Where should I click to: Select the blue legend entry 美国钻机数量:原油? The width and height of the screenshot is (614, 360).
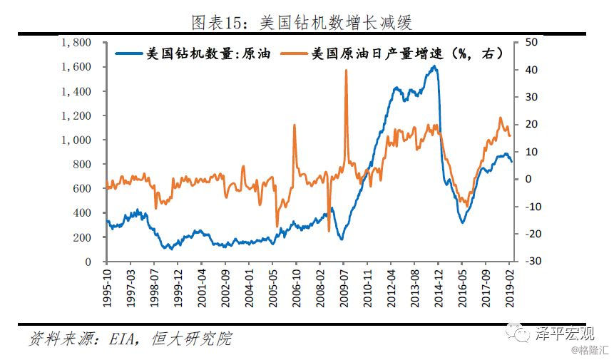[x=200, y=53]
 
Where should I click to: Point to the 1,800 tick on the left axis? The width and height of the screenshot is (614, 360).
[x=76, y=43]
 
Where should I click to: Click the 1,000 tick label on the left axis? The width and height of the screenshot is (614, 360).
[x=76, y=140]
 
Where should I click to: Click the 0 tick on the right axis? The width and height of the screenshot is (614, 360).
[x=528, y=180]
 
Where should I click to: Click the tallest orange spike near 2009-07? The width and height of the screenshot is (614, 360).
[x=346, y=71]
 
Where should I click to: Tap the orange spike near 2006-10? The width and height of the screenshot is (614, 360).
[x=295, y=125]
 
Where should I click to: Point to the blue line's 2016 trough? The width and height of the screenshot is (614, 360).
[x=462, y=222]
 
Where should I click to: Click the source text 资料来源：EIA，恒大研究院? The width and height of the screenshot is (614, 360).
[x=130, y=338]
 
